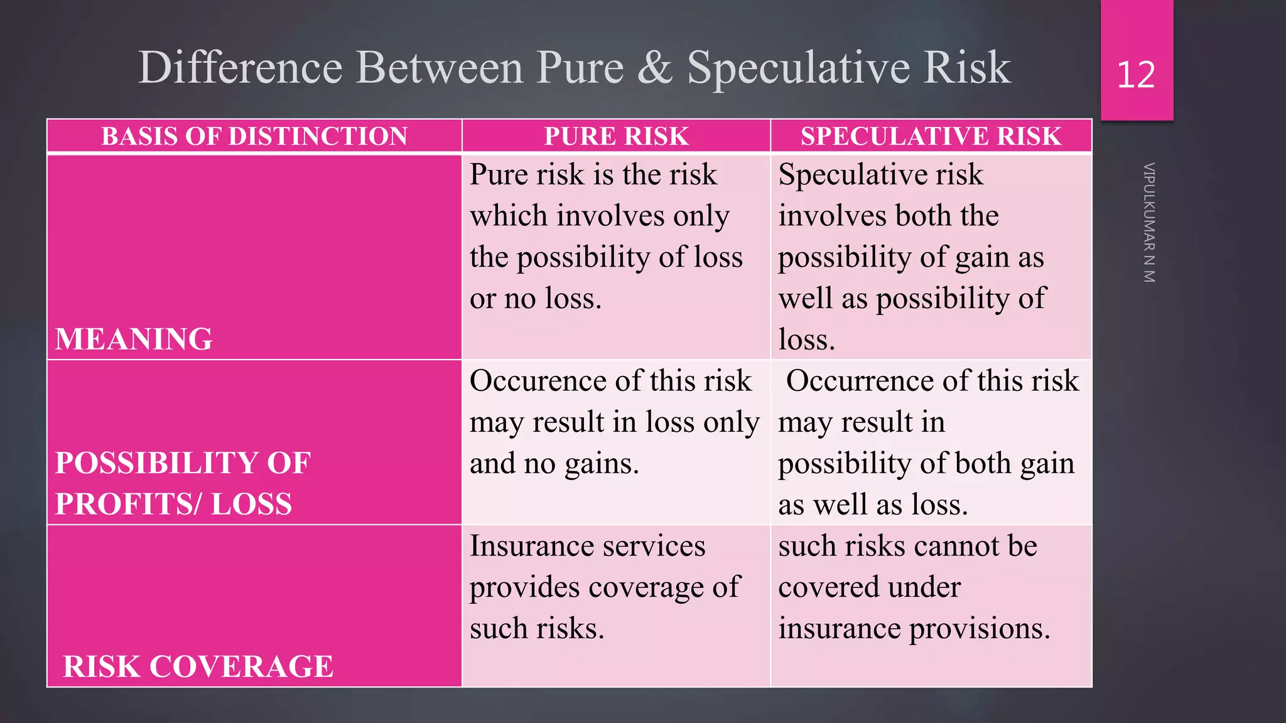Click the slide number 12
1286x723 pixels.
1136,75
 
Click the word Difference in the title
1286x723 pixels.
240,68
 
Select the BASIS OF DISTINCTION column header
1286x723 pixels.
254,136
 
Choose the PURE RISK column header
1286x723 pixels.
616,136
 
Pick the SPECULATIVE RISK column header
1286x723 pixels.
931,136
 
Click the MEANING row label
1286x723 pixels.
134,339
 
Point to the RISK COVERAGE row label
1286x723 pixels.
198,667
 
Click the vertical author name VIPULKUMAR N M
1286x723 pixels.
1148,223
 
